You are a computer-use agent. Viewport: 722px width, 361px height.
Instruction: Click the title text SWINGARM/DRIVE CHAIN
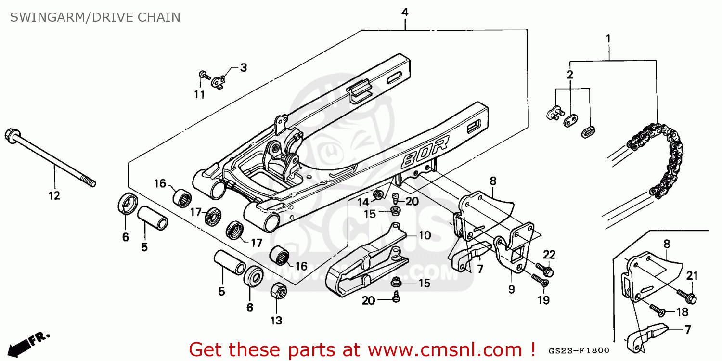(x=95, y=17)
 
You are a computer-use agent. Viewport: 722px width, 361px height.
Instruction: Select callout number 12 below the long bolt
(x=54, y=196)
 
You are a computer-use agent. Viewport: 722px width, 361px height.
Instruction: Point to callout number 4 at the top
(x=405, y=12)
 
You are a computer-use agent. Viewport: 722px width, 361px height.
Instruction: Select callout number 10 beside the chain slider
(x=425, y=235)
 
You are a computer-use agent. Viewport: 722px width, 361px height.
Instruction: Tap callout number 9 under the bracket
(x=511, y=289)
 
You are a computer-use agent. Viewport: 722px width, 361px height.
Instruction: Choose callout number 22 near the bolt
(x=549, y=254)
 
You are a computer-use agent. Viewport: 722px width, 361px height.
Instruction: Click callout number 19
(x=543, y=300)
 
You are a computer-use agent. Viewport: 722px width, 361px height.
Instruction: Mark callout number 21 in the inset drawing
(x=692, y=276)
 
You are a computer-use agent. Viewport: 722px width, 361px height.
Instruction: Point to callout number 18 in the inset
(x=682, y=312)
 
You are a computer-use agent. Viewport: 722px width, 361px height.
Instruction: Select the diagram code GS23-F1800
(x=578, y=351)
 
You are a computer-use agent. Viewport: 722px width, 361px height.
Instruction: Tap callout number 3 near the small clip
(x=244, y=68)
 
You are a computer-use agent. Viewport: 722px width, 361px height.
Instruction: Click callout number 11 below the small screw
(x=199, y=94)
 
